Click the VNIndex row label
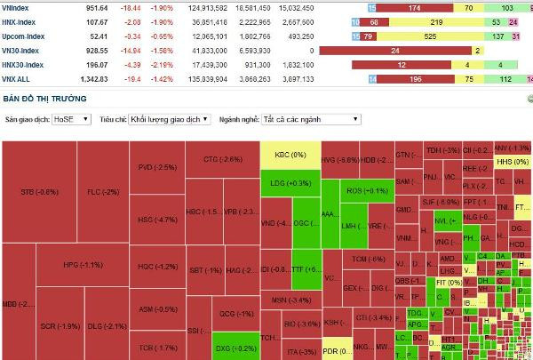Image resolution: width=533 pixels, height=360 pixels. pyautogui.click(x=19, y=7)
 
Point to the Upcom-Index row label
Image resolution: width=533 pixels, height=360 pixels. pyautogui.click(x=24, y=36)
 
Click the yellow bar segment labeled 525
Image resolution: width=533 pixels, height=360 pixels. pyautogui.click(x=430, y=36)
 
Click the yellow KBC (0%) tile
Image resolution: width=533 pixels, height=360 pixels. pyautogui.click(x=290, y=156)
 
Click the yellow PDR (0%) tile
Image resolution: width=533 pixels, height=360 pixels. pyautogui.click(x=336, y=348)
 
